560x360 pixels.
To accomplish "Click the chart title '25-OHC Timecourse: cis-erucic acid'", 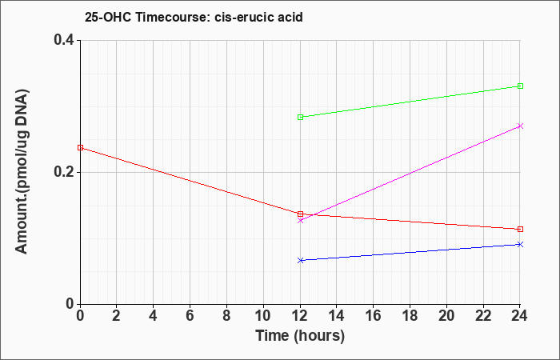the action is point(194,17).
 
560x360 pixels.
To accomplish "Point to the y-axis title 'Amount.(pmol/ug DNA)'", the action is point(22,172).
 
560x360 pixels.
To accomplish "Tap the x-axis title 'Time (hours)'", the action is point(300,336).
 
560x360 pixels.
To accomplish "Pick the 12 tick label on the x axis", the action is point(300,316).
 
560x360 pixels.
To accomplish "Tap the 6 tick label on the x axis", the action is point(190,316).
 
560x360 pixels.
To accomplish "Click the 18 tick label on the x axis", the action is point(410,316).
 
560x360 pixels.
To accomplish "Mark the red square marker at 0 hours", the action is point(80,147).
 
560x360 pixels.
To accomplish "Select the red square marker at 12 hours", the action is point(300,214).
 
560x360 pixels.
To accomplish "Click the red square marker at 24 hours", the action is point(520,229).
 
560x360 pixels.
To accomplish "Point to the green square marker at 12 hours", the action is point(300,117).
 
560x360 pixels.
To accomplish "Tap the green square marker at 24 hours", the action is point(520,86).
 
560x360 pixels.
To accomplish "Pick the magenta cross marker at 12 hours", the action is point(300,220).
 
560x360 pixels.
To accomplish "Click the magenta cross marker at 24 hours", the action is point(520,126).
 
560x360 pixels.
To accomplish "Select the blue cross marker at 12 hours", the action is point(300,260).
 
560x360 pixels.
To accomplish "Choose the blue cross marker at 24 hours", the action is point(520,244).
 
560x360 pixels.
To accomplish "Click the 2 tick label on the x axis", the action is point(117,316).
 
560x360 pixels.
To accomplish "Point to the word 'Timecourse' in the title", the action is point(173,17).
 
